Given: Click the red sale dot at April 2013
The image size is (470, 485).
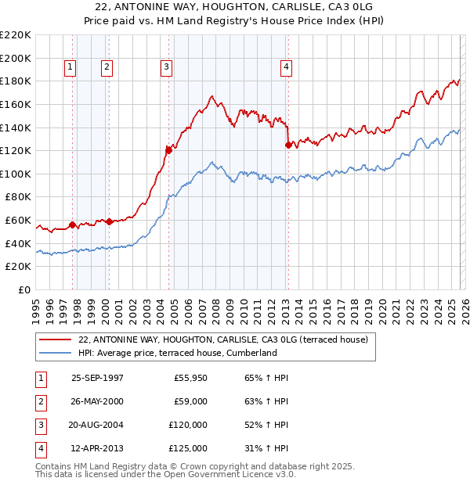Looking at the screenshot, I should pyautogui.click(x=288, y=145).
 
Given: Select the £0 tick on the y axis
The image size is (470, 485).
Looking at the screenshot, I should pyautogui.click(x=23, y=290).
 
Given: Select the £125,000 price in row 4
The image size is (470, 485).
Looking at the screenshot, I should pyautogui.click(x=188, y=448).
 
